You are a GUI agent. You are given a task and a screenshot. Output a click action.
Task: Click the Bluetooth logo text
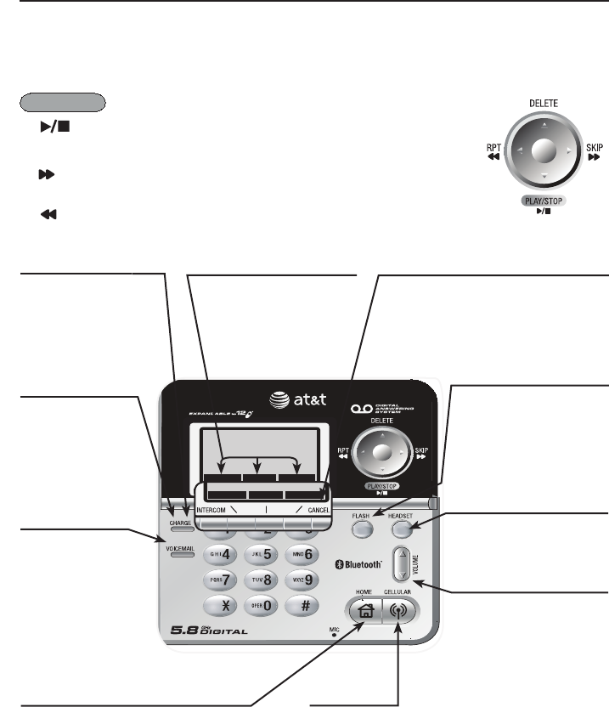pos(358,563)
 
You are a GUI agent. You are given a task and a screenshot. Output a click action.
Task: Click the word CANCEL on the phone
pos(319,510)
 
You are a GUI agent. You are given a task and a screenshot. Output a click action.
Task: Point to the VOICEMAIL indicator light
pos(174,552)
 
